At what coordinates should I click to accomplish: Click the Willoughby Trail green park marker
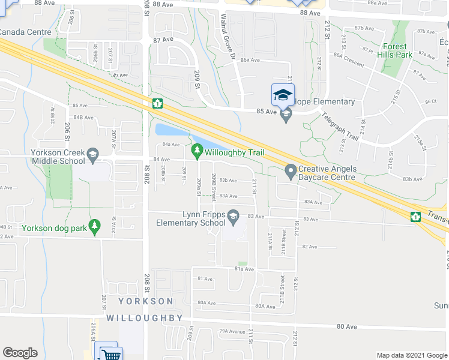click(197, 149)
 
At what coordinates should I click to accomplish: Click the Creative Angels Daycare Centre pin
click(291, 172)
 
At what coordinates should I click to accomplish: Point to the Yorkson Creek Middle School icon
click(92, 156)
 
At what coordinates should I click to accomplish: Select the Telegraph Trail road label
click(339, 127)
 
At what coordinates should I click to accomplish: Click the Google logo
click(20, 353)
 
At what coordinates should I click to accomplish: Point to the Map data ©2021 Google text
click(412, 355)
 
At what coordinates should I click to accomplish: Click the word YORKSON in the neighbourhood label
click(145, 301)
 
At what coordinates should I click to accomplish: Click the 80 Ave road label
click(342, 326)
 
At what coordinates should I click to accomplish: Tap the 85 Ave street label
click(265, 111)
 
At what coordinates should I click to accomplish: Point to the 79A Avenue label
click(232, 331)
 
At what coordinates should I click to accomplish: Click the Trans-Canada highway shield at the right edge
click(415, 216)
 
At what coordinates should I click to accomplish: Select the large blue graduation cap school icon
click(283, 94)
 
